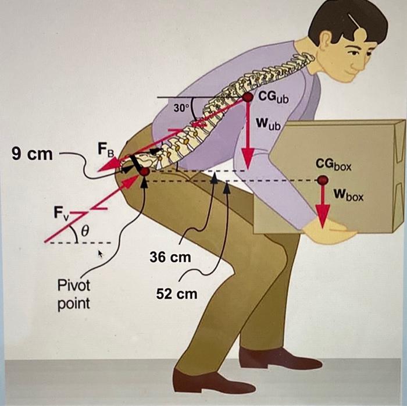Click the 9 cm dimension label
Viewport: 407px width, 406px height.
32,155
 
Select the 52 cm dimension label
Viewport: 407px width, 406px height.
177,294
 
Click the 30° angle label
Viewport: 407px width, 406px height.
181,108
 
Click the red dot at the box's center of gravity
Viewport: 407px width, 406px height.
323,180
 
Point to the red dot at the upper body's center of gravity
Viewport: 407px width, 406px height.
248,97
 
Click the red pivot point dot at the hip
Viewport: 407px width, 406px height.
144,172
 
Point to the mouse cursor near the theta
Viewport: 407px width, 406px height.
99,254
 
